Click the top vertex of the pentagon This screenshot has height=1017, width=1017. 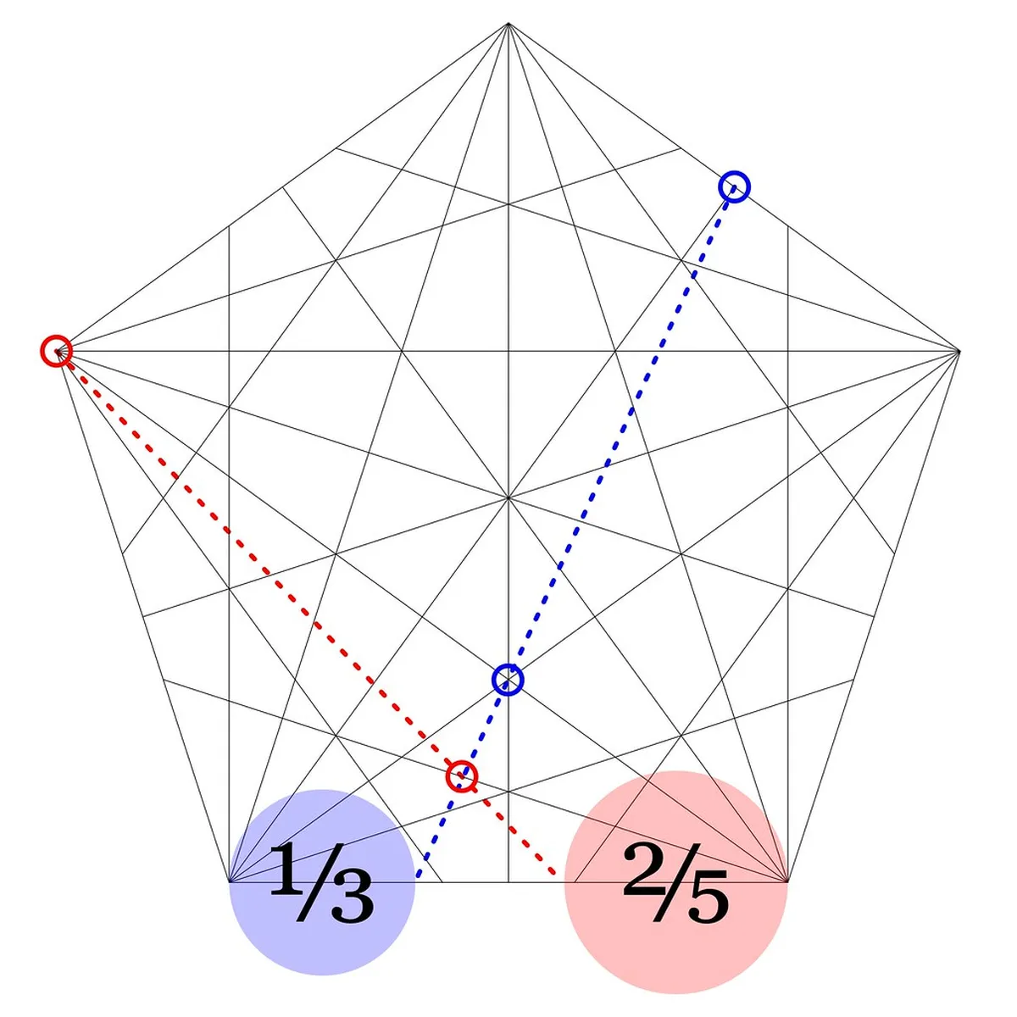click(x=508, y=24)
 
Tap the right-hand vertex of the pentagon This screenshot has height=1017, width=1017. click(x=959, y=351)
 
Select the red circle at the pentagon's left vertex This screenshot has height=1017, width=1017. click(x=56, y=351)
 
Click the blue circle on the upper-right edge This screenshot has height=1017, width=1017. click(x=735, y=186)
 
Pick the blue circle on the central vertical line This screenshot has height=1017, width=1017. click(x=508, y=679)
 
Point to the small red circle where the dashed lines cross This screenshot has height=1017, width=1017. click(x=462, y=775)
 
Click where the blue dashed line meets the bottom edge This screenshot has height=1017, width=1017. click(x=416, y=881)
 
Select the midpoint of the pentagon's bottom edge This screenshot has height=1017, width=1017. click(x=508, y=882)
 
